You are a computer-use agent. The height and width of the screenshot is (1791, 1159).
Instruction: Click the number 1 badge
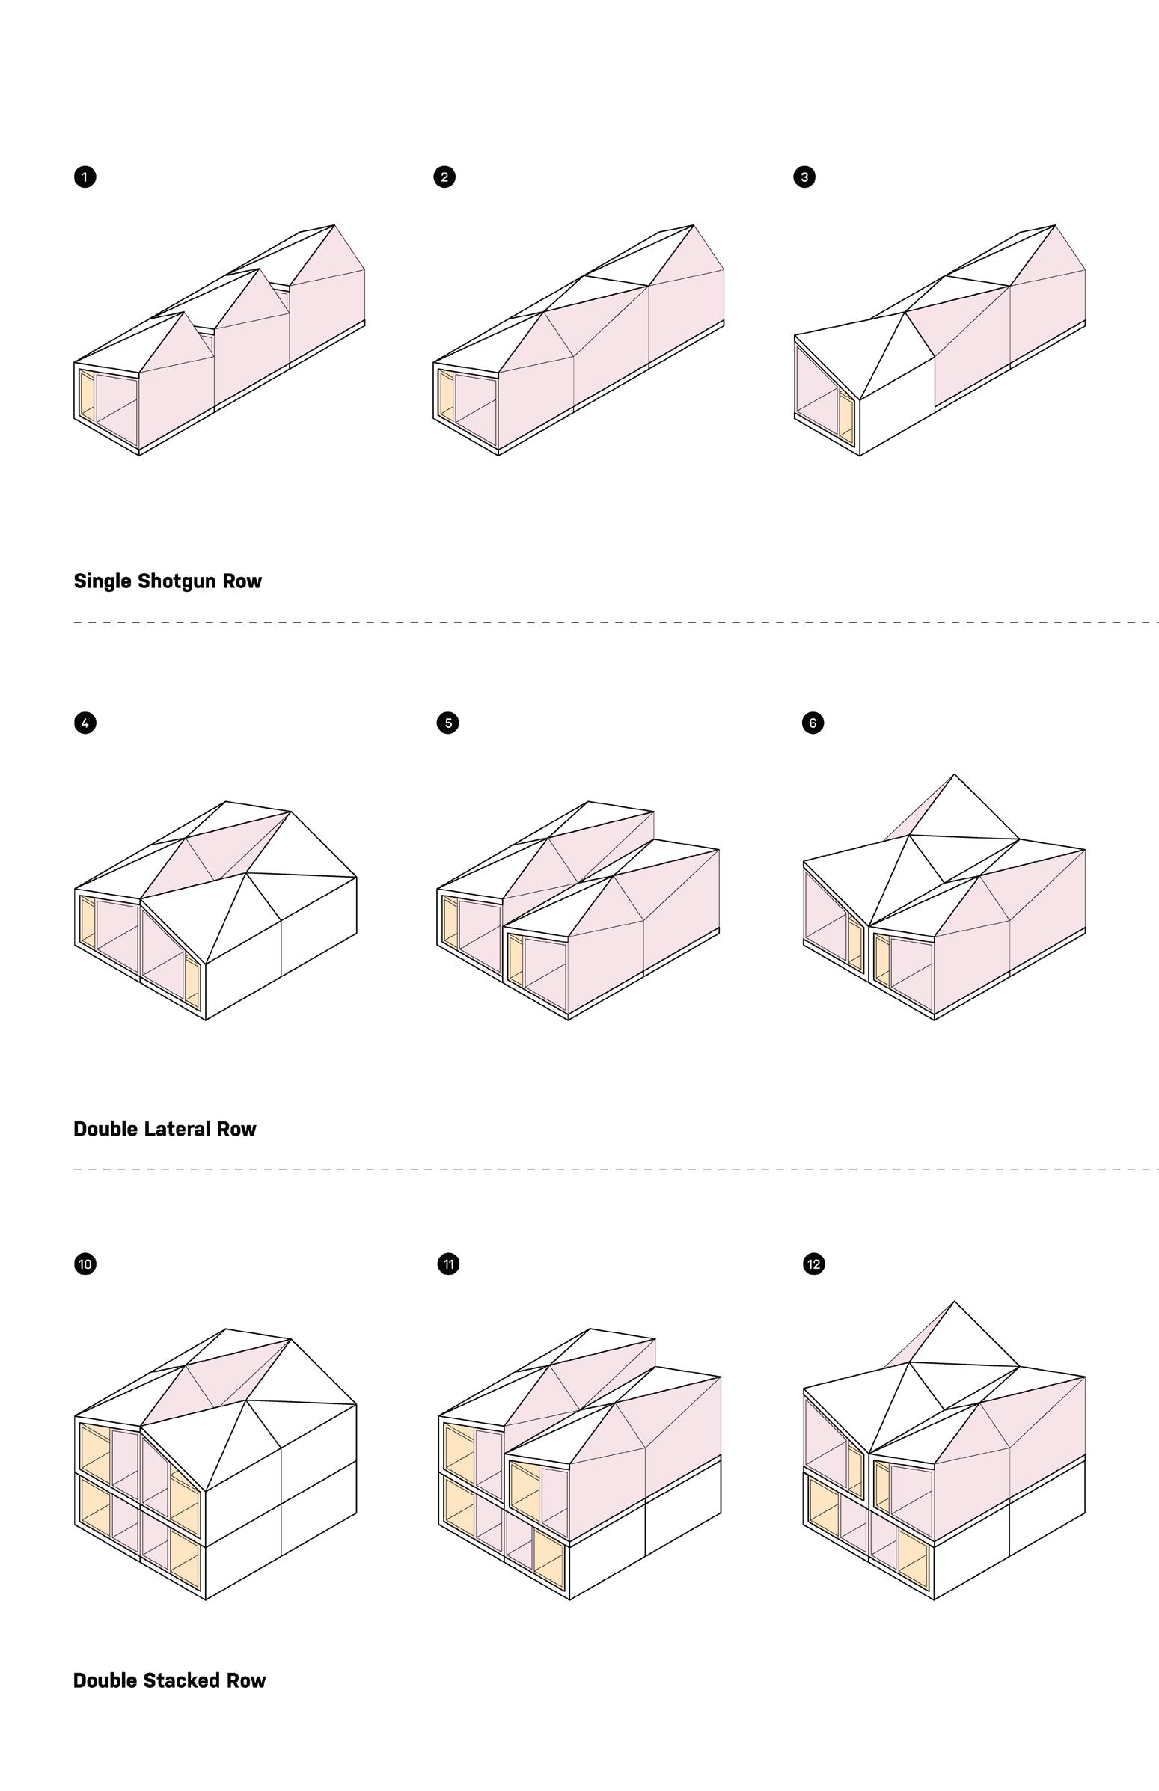point(85,177)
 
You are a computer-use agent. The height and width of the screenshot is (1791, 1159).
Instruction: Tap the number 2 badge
point(444,177)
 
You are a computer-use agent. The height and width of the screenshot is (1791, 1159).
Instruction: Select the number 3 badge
point(804,177)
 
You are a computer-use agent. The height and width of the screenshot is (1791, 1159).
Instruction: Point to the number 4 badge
point(85,723)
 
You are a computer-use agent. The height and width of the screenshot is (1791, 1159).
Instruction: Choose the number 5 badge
point(447,723)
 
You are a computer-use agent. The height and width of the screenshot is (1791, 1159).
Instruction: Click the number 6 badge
point(813,723)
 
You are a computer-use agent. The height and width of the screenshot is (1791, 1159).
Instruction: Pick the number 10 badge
point(85,1264)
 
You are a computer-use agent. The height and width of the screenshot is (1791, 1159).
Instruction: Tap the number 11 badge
point(448,1264)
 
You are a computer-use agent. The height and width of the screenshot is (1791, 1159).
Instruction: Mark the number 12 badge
point(813,1264)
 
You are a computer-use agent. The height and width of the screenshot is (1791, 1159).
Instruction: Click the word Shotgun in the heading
point(168,582)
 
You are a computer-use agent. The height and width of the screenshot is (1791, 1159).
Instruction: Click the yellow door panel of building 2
point(445,397)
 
